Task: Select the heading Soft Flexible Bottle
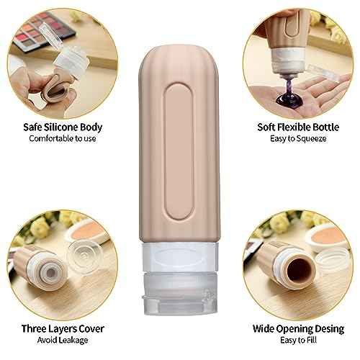tap(296, 127)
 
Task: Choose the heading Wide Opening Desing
tap(296, 328)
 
